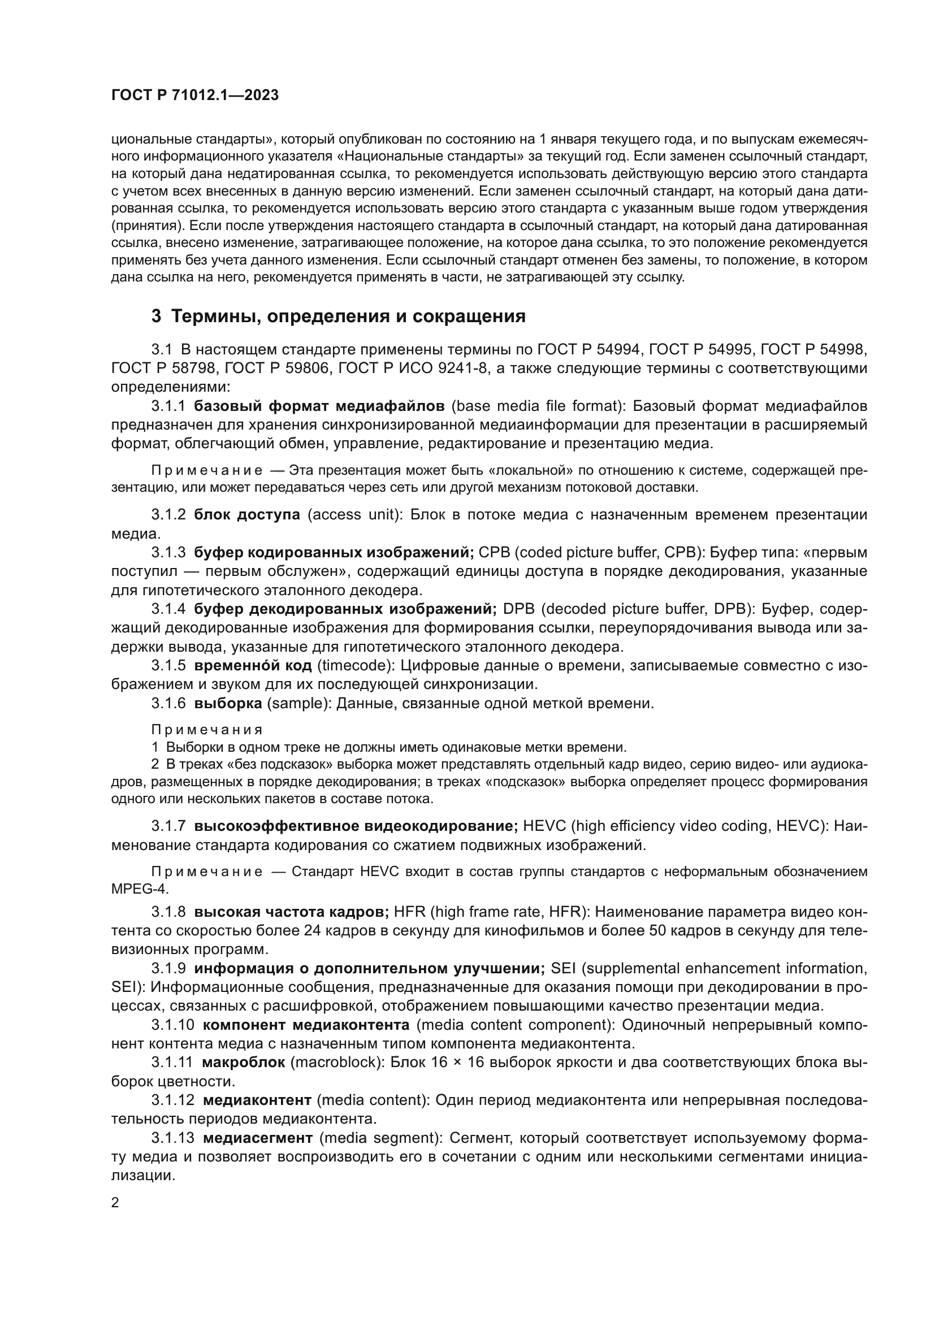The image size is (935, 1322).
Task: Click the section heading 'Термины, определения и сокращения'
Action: (x=348, y=316)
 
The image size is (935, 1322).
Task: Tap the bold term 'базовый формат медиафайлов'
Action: (x=319, y=406)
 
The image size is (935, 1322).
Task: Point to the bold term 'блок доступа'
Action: (x=247, y=515)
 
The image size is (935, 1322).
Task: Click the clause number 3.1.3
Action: (x=168, y=553)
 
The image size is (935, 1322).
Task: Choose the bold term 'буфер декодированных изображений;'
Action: (x=345, y=609)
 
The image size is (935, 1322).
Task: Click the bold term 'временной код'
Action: (x=253, y=666)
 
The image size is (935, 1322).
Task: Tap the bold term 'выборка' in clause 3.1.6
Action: (x=228, y=704)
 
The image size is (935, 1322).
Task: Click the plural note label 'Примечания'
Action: (x=207, y=730)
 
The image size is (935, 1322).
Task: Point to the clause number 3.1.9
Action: (x=168, y=969)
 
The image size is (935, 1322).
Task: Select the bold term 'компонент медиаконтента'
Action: (x=306, y=1025)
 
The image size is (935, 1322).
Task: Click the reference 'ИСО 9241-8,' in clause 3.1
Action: (x=438, y=369)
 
